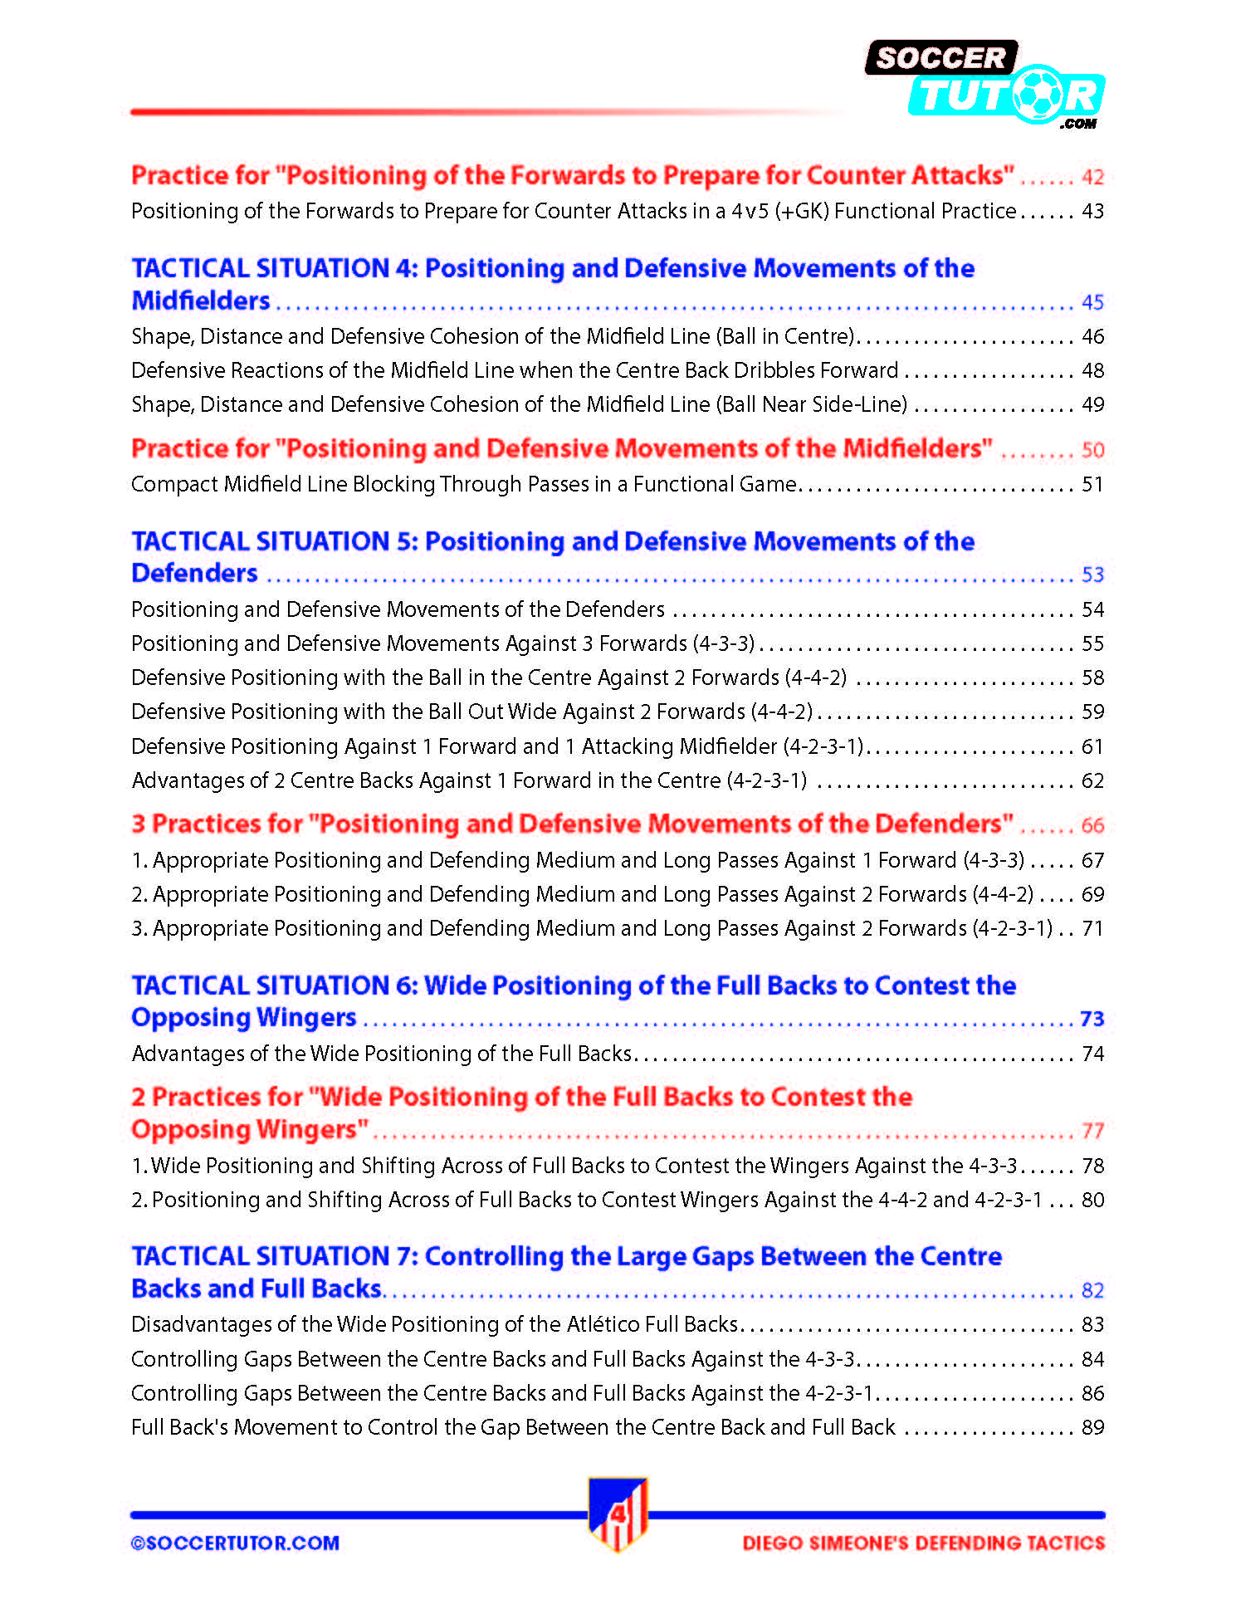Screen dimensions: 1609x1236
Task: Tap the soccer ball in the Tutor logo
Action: click(1037, 95)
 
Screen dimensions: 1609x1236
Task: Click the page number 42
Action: click(1092, 177)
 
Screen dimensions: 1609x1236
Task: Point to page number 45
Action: click(1092, 302)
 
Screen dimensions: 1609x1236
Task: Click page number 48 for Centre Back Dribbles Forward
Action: click(1092, 370)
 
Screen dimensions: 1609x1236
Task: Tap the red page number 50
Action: click(1092, 450)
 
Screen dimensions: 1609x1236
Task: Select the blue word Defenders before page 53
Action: click(194, 574)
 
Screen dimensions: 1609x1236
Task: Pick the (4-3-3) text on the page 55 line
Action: click(723, 643)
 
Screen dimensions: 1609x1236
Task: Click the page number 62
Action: click(1092, 780)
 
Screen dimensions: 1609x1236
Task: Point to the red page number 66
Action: click(1092, 825)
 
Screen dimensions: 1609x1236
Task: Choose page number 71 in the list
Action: click(1092, 928)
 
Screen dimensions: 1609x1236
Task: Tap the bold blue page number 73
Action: click(1092, 1019)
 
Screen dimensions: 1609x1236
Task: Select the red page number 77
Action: click(1092, 1131)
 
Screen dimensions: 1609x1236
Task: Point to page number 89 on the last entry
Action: click(1092, 1427)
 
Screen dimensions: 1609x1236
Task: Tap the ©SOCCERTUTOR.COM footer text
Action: click(235, 1543)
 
